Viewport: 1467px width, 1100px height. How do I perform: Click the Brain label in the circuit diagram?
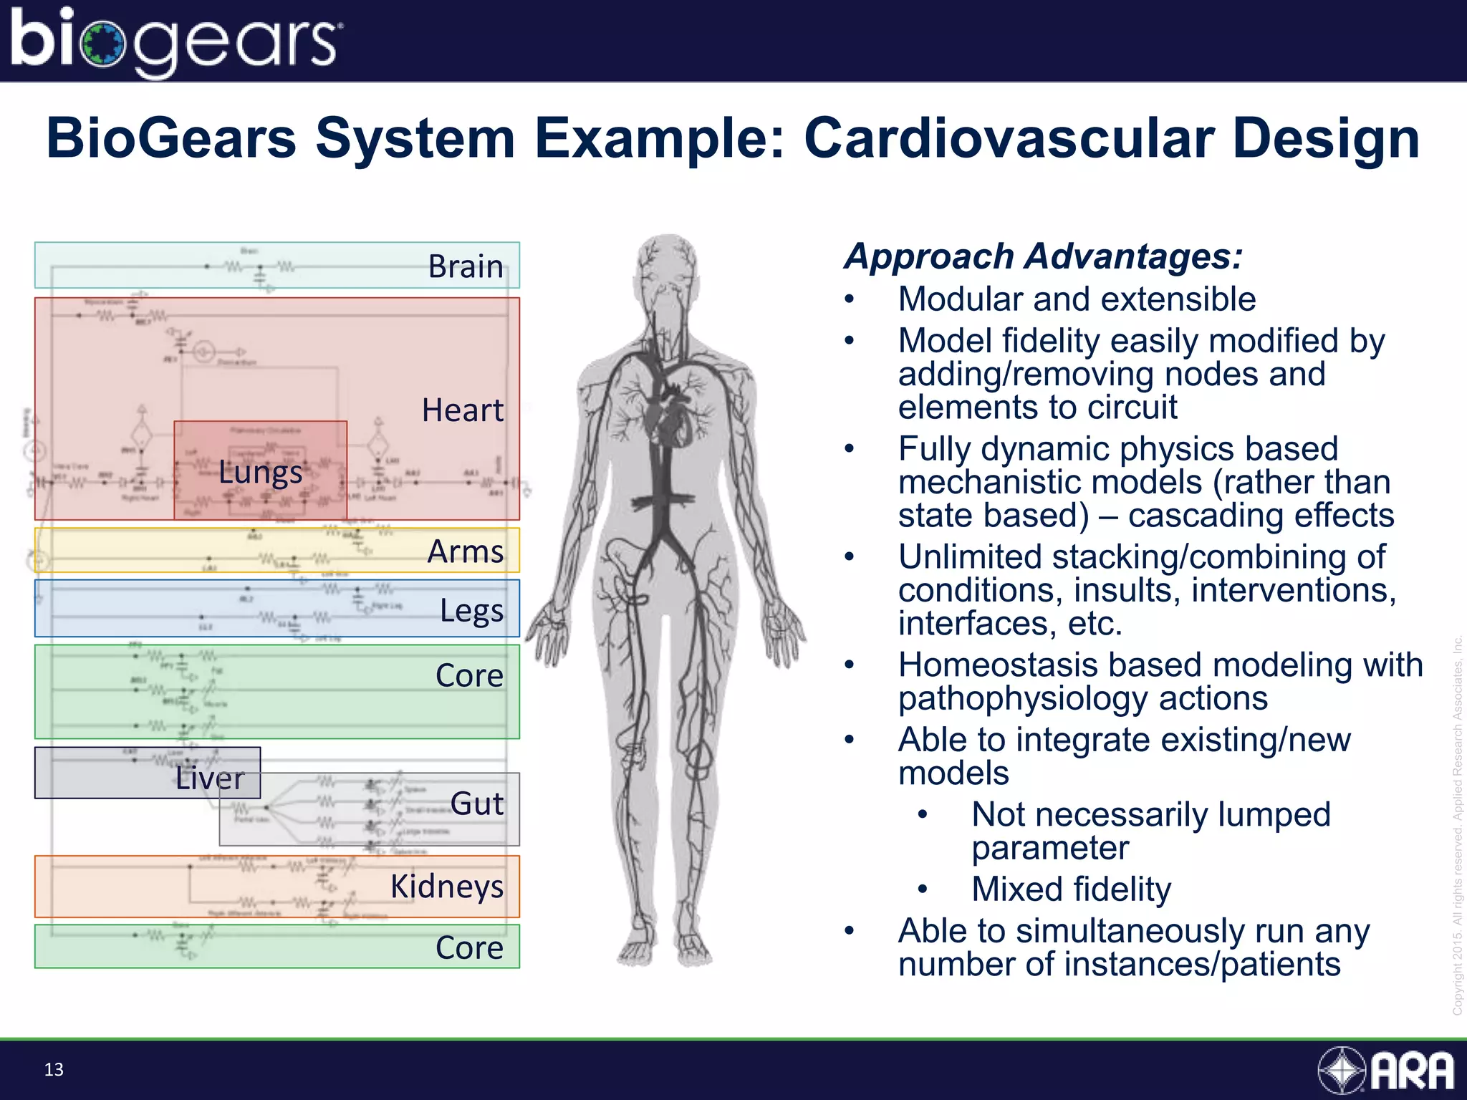[466, 266]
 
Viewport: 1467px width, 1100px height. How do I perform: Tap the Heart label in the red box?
[462, 410]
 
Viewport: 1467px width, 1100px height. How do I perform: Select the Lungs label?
[260, 473]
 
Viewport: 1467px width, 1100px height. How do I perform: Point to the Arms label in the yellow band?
[466, 551]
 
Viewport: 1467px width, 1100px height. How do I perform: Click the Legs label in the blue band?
[471, 611]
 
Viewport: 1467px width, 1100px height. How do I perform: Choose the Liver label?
[210, 778]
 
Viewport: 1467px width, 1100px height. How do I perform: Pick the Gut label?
[477, 804]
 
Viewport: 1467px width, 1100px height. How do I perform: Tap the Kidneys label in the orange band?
[447, 887]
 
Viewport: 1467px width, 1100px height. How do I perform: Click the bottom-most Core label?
[469, 947]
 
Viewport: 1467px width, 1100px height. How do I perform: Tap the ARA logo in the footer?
[1386, 1071]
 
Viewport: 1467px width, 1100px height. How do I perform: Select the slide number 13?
[54, 1070]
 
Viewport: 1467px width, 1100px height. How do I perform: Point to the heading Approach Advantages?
[1043, 256]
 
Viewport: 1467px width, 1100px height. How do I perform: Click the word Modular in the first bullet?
[960, 299]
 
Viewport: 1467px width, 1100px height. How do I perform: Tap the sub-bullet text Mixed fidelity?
[1071, 889]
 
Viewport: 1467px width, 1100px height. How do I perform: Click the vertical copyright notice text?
[1457, 824]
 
